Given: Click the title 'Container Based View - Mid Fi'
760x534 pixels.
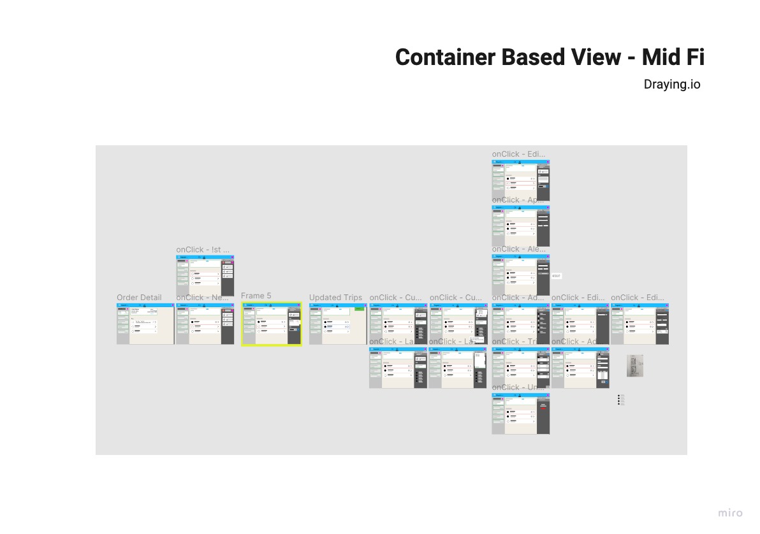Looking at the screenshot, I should click(x=550, y=57).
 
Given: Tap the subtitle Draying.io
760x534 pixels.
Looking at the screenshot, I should click(x=671, y=84).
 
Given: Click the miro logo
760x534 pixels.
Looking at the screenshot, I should click(x=730, y=513).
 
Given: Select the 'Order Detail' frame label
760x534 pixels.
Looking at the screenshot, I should click(x=139, y=298).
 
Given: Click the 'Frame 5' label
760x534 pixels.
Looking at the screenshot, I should click(x=256, y=296).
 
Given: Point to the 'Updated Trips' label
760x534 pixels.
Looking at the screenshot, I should click(x=335, y=298).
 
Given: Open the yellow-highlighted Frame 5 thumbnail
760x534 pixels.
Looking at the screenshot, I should click(x=271, y=324).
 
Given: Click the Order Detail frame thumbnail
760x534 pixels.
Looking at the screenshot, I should click(x=145, y=324).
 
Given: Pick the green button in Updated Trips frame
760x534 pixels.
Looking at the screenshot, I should click(x=360, y=308).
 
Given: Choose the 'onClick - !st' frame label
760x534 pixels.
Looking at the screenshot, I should click(x=203, y=250).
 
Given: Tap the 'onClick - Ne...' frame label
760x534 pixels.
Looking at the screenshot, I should click(x=202, y=298).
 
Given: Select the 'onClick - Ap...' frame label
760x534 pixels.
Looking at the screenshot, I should click(x=518, y=200).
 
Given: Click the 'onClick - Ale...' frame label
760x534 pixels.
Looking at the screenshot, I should click(x=518, y=249).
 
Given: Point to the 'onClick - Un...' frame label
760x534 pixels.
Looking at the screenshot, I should click(x=518, y=387).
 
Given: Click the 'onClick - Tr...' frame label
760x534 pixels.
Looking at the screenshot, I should click(x=518, y=342).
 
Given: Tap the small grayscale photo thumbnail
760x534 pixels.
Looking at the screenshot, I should click(x=635, y=366).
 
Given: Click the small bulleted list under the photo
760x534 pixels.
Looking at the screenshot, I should click(x=621, y=400).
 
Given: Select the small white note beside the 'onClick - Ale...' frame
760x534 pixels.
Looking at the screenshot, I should click(x=557, y=276).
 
